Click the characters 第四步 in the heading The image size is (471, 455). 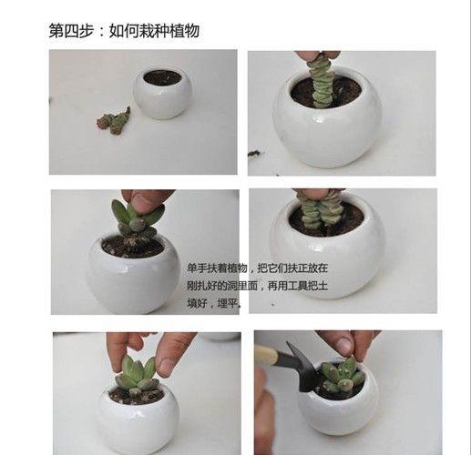(71, 31)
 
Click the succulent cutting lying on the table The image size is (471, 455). (115, 119)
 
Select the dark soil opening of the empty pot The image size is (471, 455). (163, 78)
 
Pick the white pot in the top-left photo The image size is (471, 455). (163, 94)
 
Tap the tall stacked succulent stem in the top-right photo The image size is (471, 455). (322, 81)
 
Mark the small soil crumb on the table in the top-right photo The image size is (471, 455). (255, 153)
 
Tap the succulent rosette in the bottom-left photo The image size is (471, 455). (136, 374)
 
